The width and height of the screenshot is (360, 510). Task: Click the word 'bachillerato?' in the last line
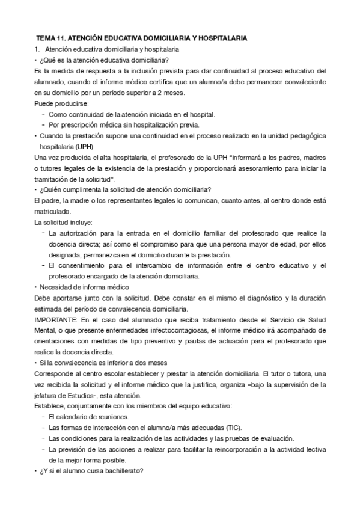pos(123,471)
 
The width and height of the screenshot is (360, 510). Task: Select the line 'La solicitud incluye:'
pos(63,222)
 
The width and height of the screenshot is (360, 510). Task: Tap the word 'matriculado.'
pos(53,211)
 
